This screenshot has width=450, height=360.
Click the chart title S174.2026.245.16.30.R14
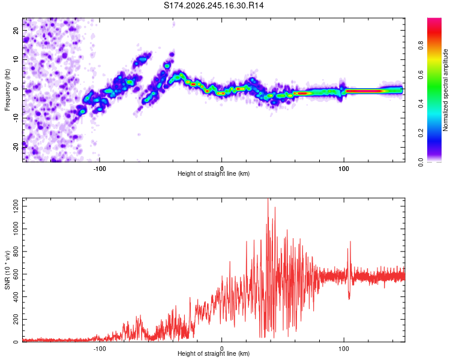coord(214,5)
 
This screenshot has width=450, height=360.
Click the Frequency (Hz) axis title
coord(7,90)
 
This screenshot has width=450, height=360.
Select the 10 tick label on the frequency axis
coord(16,59)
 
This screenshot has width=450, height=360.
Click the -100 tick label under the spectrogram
coord(99,169)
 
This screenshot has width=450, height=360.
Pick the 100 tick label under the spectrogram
coord(344,169)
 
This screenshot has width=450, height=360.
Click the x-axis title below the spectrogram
coord(214,173)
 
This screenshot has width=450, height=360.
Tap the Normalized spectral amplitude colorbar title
coord(445,90)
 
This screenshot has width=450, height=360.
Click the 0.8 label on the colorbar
coord(421,46)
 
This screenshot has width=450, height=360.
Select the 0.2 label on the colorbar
coord(421,133)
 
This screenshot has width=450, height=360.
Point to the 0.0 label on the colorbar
coord(421,163)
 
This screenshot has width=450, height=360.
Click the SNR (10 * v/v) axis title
coord(7,270)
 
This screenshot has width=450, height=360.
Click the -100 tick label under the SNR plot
coord(99,349)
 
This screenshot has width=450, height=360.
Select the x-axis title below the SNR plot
coord(214,353)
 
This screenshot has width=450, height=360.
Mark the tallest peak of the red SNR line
coord(268,199)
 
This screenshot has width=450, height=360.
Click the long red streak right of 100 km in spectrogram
coord(364,91)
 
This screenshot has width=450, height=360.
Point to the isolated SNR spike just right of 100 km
coord(350,242)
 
